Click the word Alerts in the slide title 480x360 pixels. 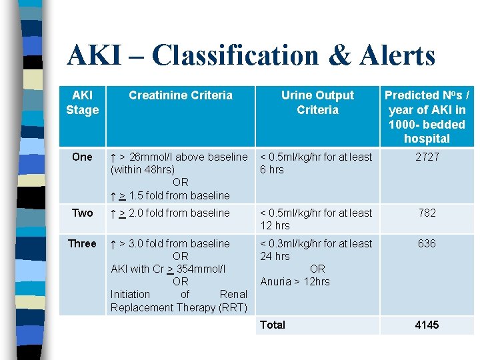397,55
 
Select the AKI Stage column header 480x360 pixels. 82,103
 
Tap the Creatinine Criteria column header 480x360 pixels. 181,95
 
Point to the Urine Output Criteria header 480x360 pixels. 317,103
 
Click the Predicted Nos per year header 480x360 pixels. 427,117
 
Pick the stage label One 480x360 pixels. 82,157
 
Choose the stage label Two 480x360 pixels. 82,213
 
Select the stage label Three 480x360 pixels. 82,243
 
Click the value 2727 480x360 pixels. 427,157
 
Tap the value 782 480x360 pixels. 427,213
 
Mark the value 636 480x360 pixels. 427,243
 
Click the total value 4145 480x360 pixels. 427,325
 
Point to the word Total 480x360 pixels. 273,325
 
